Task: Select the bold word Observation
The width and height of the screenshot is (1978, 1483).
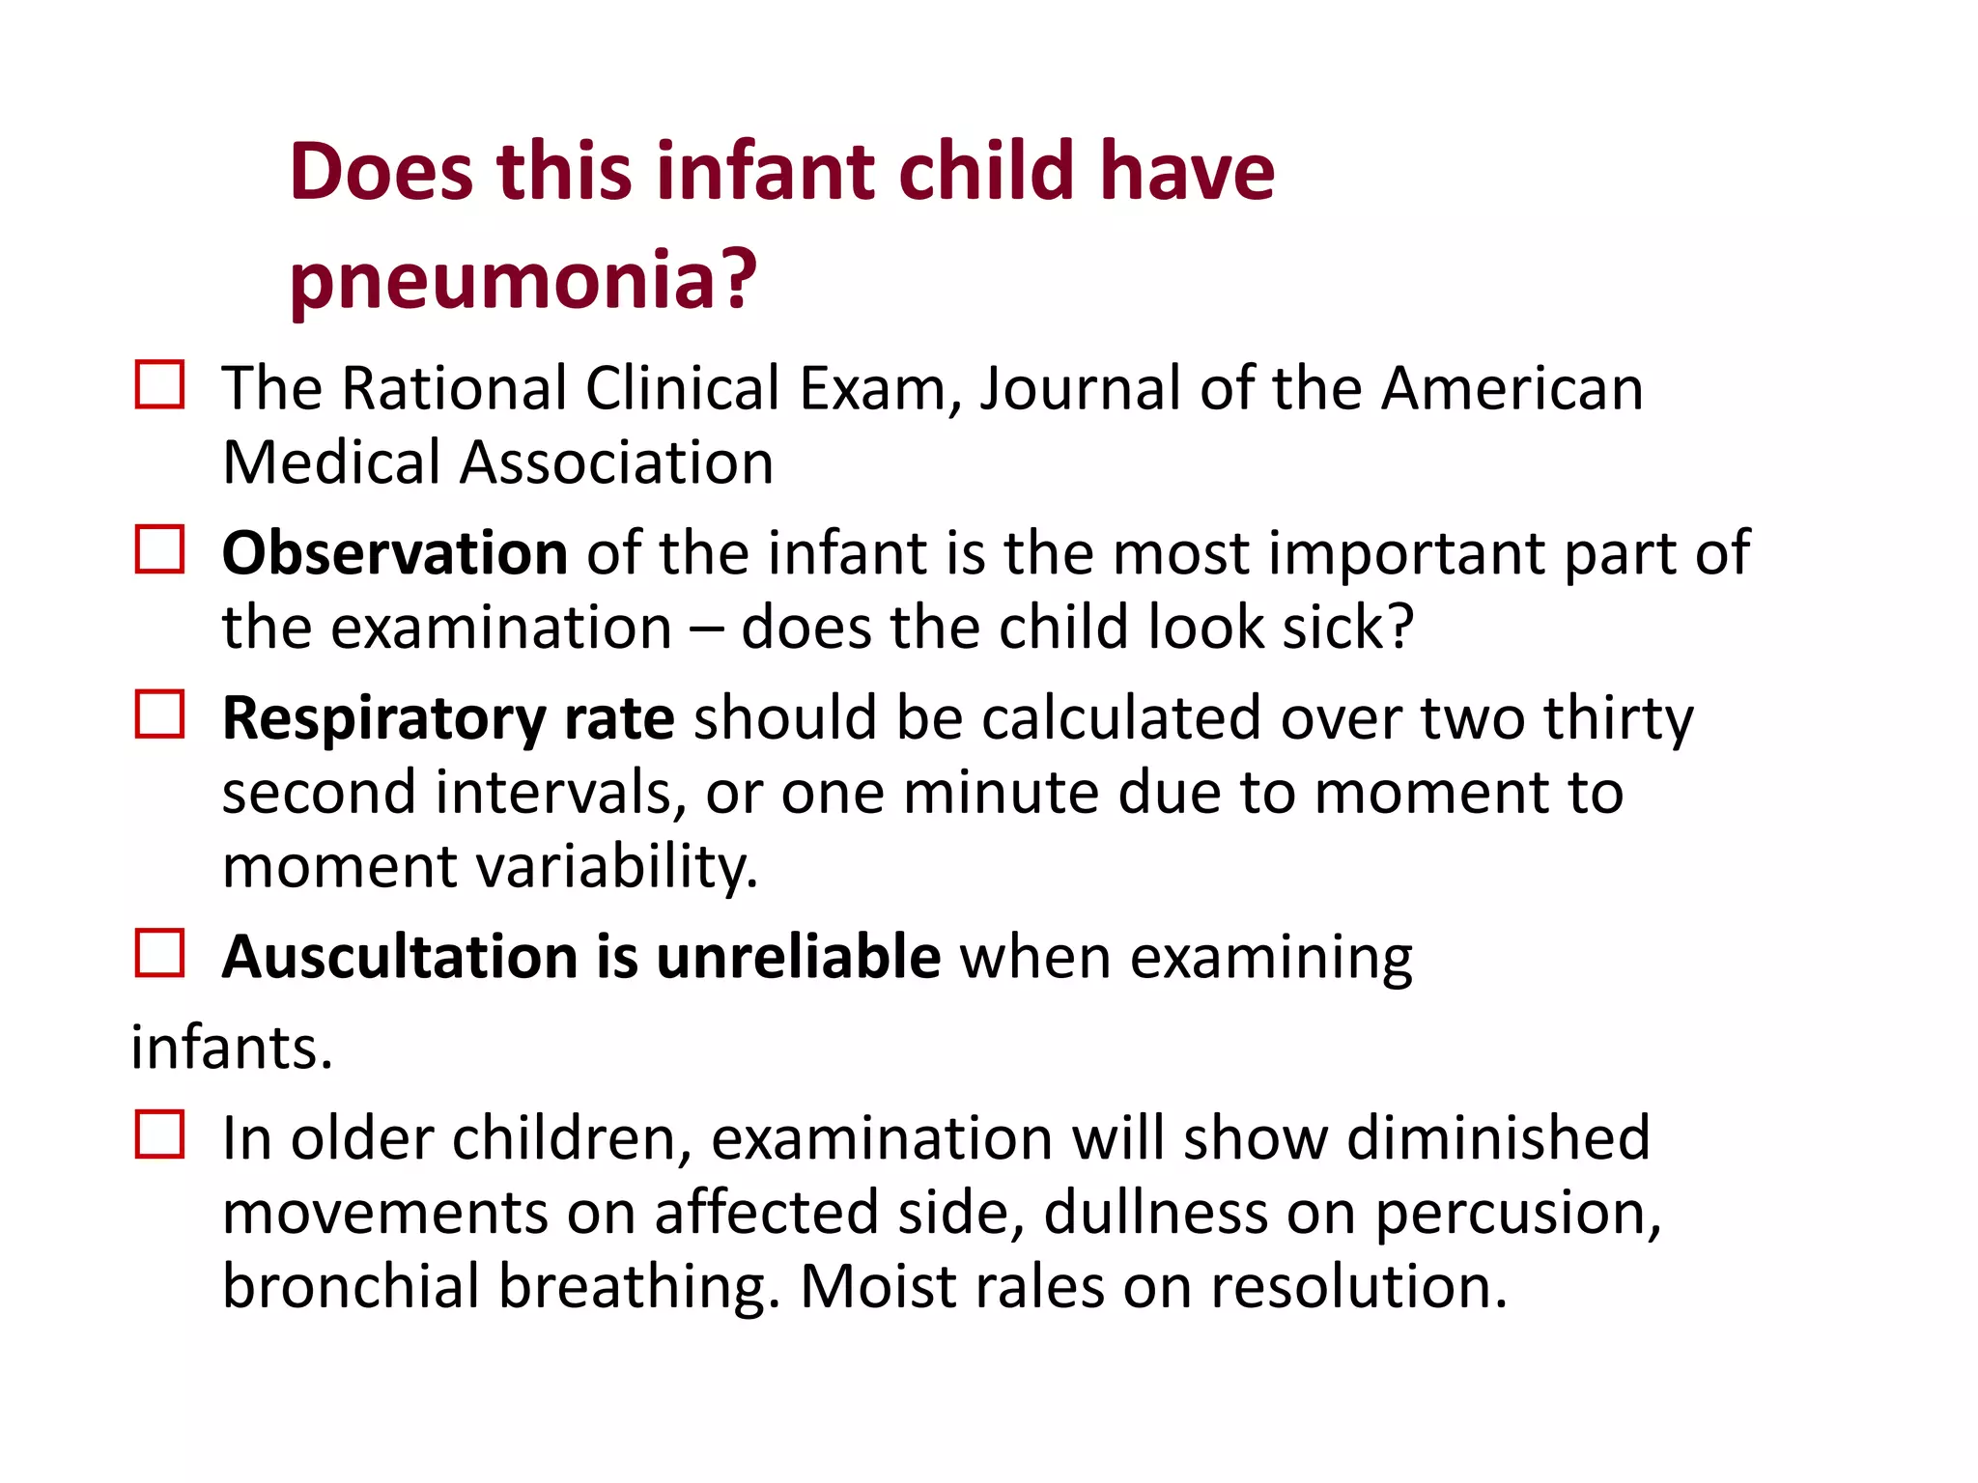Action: [x=394, y=553]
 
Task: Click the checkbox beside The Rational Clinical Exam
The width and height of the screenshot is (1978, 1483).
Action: [x=159, y=385]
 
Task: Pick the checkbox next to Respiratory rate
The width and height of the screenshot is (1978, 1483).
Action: [x=159, y=714]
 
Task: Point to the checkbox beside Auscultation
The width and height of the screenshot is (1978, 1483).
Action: [x=159, y=953]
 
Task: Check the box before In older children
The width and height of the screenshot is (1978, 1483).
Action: [x=159, y=1134]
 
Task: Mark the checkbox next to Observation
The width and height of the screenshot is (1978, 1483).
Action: [x=159, y=549]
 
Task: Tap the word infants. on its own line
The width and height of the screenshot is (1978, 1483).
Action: [x=232, y=1048]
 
